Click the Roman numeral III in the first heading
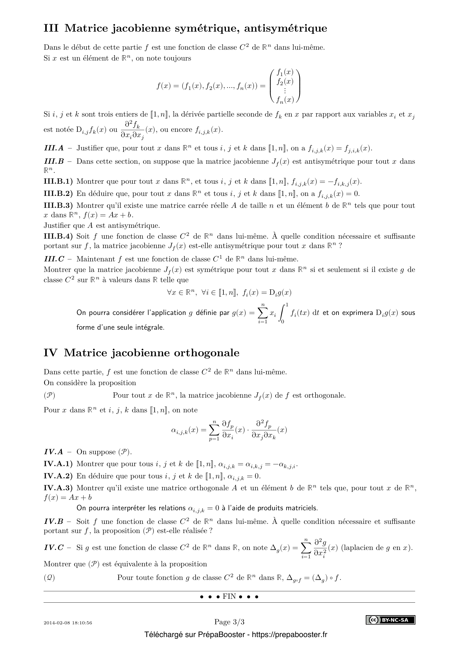51,28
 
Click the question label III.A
54,148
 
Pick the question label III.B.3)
58,206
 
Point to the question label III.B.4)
58,236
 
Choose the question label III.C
54,259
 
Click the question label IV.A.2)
58,476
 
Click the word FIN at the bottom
229,597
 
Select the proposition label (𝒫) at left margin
49,395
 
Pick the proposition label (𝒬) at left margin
49,578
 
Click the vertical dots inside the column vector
285,91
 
